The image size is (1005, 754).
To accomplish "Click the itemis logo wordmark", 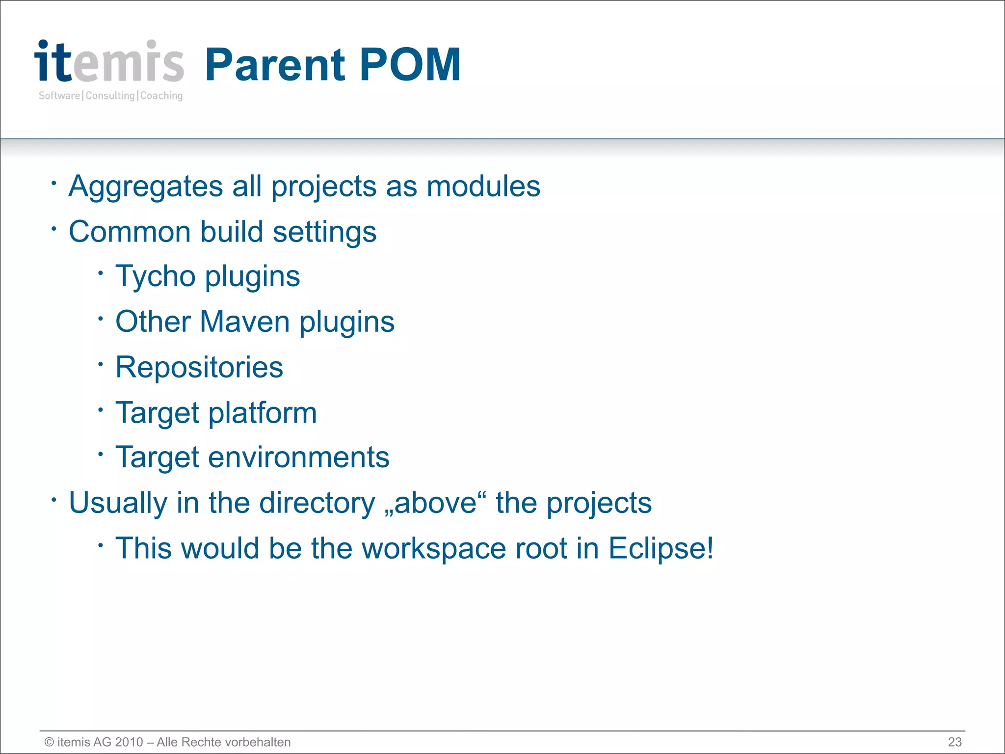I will click(x=109, y=62).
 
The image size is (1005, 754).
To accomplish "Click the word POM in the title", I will click(x=410, y=65).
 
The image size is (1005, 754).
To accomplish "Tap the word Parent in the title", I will click(x=275, y=65).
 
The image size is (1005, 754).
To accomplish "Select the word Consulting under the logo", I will click(x=110, y=96).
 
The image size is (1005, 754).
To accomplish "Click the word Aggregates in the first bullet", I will click(x=146, y=187).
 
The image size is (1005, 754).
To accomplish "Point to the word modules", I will click(x=483, y=187).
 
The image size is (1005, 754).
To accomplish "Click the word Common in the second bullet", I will click(x=130, y=232).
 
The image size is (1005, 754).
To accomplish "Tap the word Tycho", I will click(x=156, y=277).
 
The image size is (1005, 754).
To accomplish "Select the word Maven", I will click(x=244, y=322).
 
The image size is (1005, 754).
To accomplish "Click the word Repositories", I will click(x=199, y=368).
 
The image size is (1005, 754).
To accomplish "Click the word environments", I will click(x=298, y=458).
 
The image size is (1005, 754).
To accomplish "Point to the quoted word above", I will click(x=435, y=503).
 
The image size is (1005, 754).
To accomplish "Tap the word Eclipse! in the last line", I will click(x=661, y=549).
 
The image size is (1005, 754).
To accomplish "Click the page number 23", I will click(x=954, y=742).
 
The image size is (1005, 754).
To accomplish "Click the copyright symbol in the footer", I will click(x=49, y=742).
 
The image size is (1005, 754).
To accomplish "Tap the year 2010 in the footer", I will click(x=129, y=742).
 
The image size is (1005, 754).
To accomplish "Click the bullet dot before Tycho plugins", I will click(x=100, y=273).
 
